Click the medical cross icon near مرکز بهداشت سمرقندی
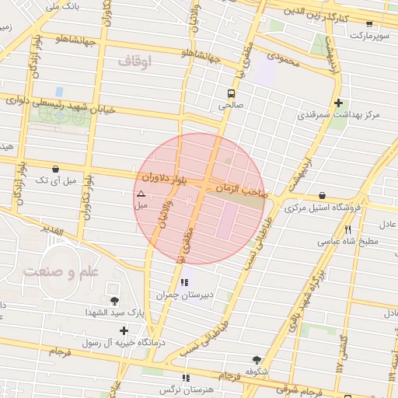pos(338,103)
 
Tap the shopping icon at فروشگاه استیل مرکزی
pos(322,195)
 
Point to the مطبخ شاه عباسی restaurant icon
pos(347,229)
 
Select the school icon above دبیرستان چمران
pos(183,282)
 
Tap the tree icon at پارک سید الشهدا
pos(115,301)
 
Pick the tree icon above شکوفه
pos(257,360)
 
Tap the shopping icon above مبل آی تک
pos(54,169)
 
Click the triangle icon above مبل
pos(141,194)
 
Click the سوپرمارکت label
pos(367,36)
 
